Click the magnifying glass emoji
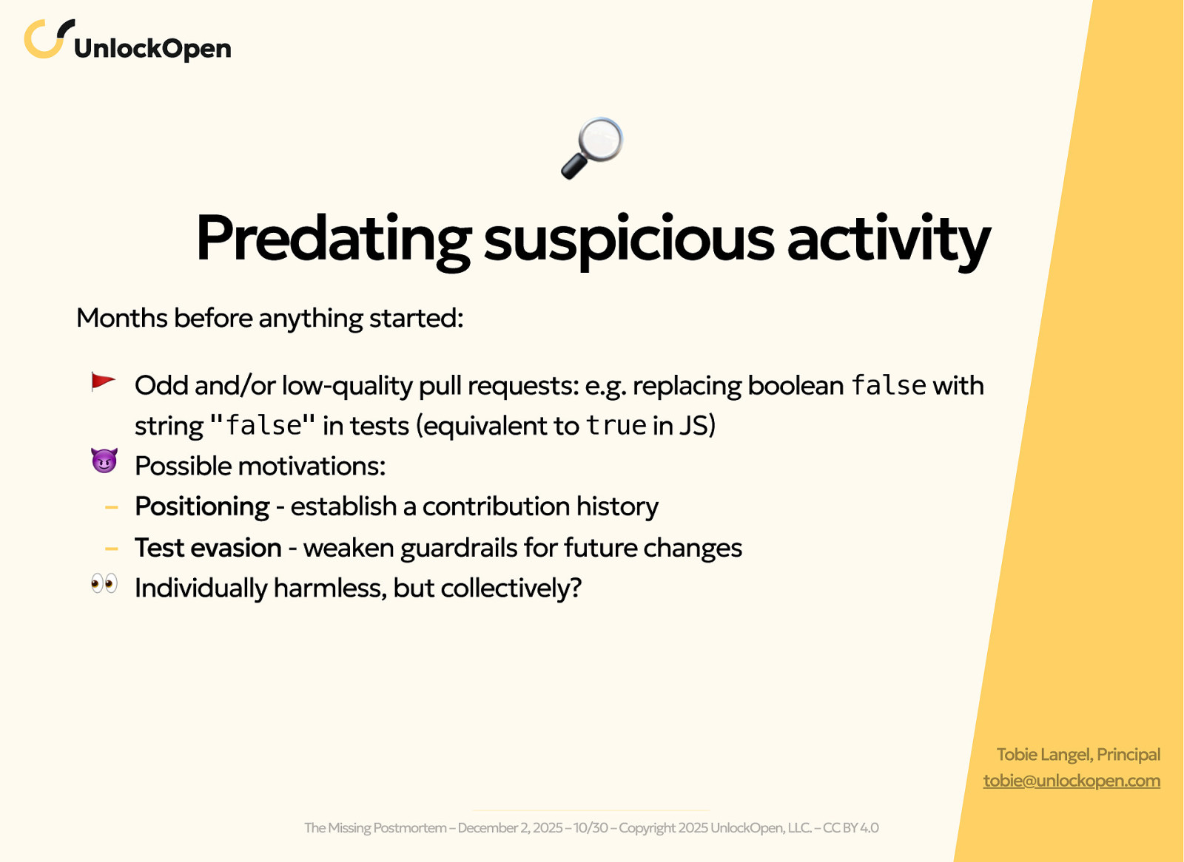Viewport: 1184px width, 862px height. tap(592, 148)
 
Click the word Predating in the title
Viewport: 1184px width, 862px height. tap(333, 238)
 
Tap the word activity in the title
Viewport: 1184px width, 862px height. tap(888, 238)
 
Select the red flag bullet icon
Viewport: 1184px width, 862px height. tap(103, 381)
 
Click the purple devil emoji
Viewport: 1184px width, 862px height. tap(104, 461)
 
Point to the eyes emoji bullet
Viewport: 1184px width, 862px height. tap(104, 584)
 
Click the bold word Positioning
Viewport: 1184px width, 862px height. tap(202, 506)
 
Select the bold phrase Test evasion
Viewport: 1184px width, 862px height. tap(208, 548)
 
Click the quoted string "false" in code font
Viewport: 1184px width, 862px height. tap(263, 425)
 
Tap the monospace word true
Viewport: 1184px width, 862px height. tap(616, 425)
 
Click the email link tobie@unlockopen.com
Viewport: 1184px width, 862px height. tap(1071, 781)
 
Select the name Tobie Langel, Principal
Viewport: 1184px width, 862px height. tap(1077, 754)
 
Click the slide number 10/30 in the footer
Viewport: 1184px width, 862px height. tap(590, 828)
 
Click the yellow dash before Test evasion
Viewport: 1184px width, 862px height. tap(112, 549)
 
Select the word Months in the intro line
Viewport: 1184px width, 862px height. tap(122, 318)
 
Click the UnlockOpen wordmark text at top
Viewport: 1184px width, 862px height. tap(152, 49)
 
